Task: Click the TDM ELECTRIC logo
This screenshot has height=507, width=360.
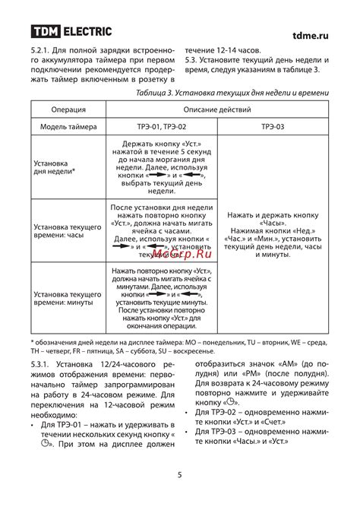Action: pos(71,32)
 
